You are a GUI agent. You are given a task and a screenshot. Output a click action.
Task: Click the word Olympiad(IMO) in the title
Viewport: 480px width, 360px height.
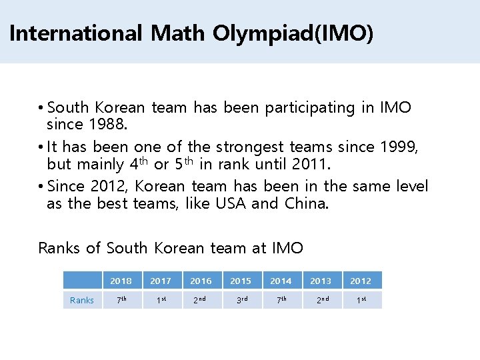click(293, 33)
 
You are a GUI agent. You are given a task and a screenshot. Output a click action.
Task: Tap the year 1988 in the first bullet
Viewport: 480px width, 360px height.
click(103, 124)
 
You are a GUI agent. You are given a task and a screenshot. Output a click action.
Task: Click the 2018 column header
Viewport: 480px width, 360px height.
click(121, 281)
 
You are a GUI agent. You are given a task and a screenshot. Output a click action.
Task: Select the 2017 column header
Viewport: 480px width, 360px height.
click(161, 281)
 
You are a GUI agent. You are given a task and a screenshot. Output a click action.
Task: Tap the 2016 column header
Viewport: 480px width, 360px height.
click(201, 281)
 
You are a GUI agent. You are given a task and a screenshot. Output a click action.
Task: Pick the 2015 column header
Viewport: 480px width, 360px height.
click(241, 281)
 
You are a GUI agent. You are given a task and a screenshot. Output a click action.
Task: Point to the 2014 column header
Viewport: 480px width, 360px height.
click(281, 281)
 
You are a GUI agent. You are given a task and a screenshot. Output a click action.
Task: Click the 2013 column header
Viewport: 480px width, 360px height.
click(321, 281)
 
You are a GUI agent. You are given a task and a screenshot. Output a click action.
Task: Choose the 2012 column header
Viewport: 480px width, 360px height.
click(361, 281)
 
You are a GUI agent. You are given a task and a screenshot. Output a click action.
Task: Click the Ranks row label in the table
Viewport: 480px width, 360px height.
click(82, 300)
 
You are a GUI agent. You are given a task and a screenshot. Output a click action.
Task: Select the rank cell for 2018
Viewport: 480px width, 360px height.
click(121, 300)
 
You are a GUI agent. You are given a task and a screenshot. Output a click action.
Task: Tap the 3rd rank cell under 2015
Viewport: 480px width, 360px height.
click(241, 300)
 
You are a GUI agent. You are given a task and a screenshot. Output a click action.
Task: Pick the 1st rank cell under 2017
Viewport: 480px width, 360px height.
click(161, 300)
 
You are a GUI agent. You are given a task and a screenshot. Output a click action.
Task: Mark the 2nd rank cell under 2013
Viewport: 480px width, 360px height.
click(321, 300)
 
